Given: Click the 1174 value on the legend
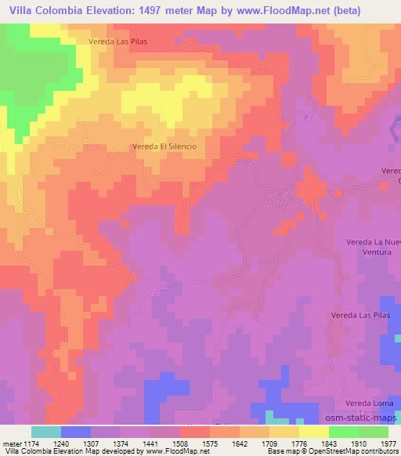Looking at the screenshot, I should point(31,443).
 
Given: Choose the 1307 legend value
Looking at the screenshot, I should point(90,443).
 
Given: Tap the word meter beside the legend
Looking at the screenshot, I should point(10,443).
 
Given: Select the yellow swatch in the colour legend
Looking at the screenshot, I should point(313,432).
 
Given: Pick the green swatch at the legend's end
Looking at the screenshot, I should point(373,432).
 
